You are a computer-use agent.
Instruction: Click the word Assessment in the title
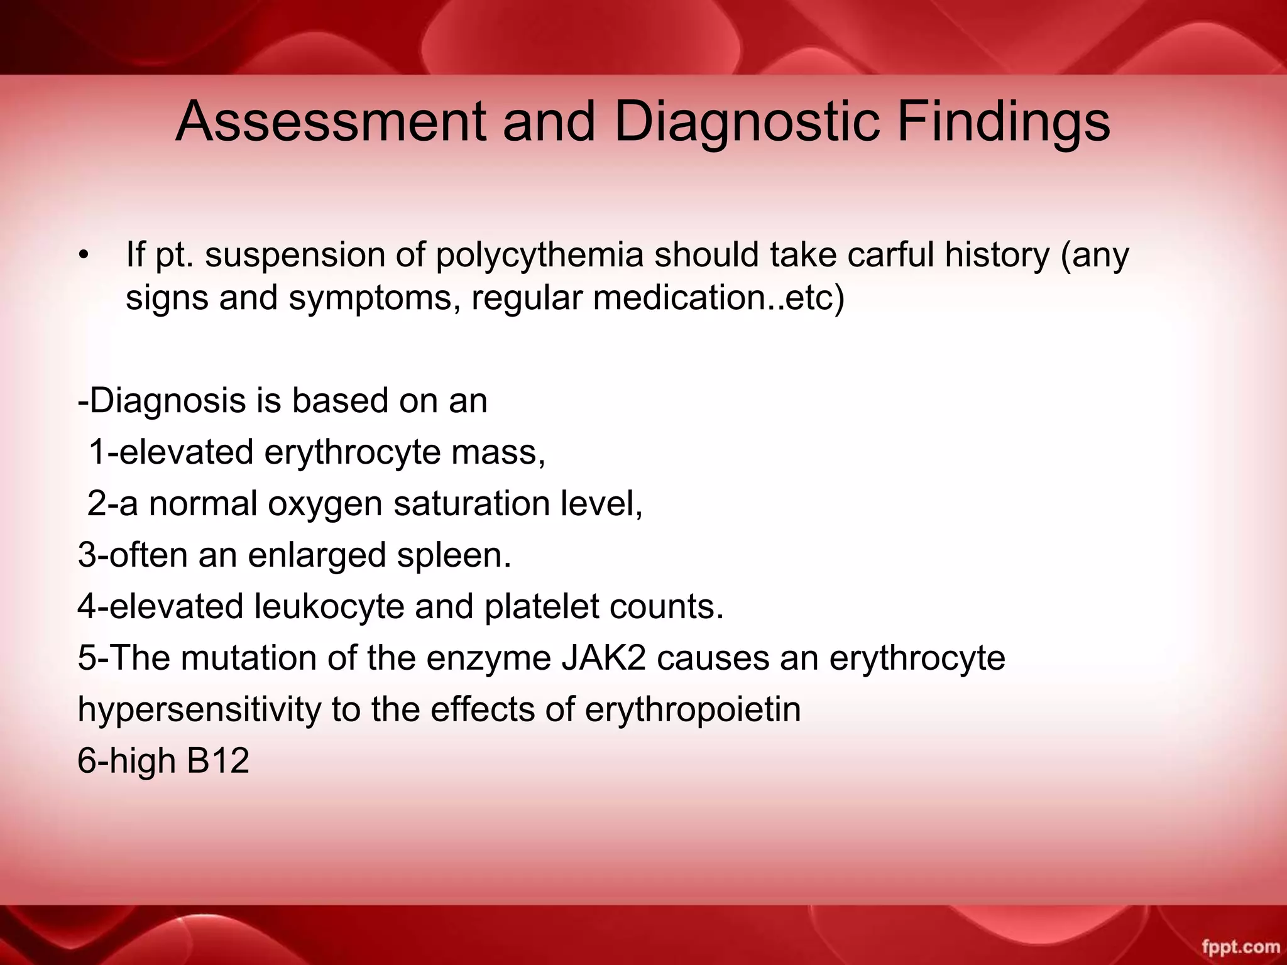(331, 121)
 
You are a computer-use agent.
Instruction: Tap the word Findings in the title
(1003, 121)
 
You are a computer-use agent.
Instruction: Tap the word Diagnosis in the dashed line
(168, 401)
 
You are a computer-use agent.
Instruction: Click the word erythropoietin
(693, 710)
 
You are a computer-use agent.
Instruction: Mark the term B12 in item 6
(218, 761)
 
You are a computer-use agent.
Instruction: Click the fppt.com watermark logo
(1240, 946)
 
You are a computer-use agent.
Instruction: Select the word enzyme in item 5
(488, 658)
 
